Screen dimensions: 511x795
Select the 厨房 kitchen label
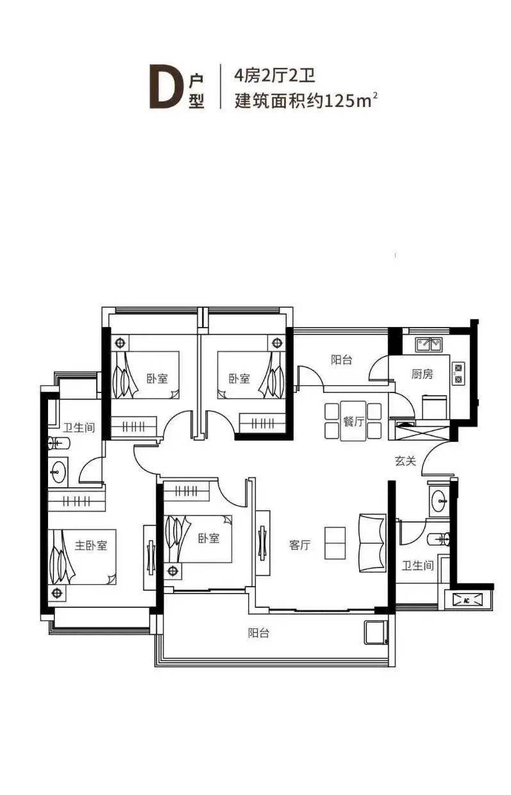coord(423,374)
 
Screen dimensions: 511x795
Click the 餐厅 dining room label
coord(353,421)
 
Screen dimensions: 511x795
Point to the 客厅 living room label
coord(300,544)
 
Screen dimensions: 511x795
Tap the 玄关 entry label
coord(405,461)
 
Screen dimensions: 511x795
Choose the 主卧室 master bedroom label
coord(91,545)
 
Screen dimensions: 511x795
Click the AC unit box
coord(467,601)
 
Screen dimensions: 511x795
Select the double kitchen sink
coord(429,344)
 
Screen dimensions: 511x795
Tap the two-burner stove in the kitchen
coord(458,373)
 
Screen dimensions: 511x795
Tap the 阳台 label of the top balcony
coord(342,360)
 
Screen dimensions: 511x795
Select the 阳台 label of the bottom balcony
coord(258,633)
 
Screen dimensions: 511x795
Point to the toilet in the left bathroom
coord(59,443)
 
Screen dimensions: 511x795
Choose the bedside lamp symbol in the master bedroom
coord(57,592)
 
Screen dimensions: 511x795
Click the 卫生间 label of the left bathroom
coord(79,427)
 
